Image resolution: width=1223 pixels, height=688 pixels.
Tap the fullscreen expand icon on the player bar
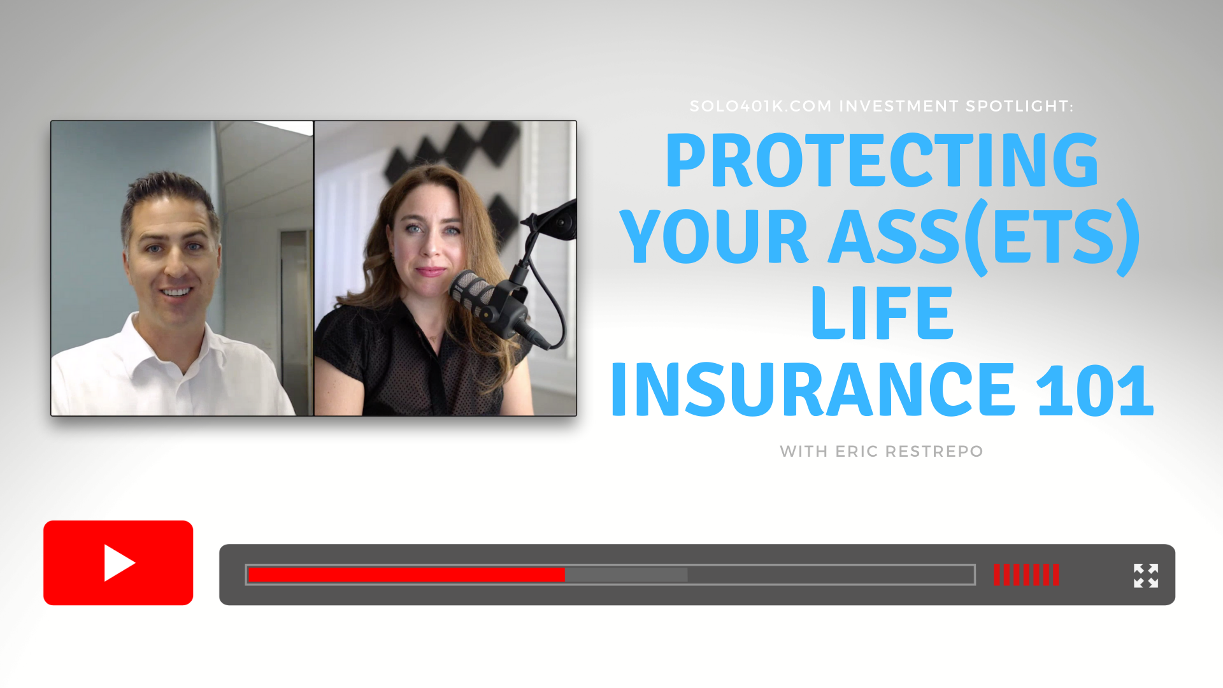point(1146,576)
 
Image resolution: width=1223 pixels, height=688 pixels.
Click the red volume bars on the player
point(1026,575)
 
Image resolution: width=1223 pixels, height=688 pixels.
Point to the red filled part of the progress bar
point(406,575)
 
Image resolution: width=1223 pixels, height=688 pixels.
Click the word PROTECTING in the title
point(882,161)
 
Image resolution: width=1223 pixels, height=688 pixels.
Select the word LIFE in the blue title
point(882,313)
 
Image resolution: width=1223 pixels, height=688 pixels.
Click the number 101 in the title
point(1095,390)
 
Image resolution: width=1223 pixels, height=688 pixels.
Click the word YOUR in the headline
point(714,237)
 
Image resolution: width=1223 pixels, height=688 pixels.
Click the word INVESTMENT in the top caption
point(898,106)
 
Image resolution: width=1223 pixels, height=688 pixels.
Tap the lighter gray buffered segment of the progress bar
point(626,575)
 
